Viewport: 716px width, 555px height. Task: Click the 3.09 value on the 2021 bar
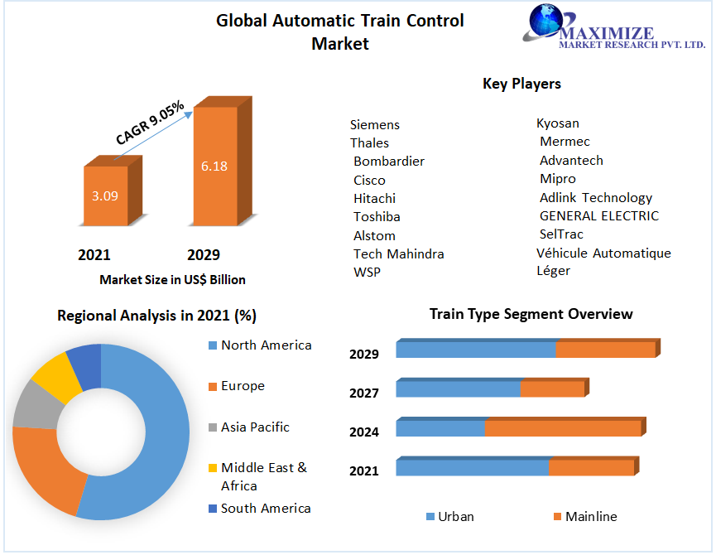[104, 196]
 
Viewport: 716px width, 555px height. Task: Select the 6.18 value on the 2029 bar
[214, 166]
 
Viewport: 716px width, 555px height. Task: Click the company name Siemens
[375, 125]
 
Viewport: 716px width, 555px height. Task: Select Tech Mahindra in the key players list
[398, 253]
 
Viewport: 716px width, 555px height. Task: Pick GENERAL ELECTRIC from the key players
[599, 216]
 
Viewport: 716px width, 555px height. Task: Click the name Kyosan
[558, 123]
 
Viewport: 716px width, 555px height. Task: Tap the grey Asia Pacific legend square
[213, 427]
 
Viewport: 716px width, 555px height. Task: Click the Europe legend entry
[243, 386]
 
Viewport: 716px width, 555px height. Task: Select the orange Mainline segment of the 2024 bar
[563, 428]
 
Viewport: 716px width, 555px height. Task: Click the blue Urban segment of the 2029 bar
[475, 350]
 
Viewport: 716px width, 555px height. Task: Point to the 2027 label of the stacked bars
[364, 393]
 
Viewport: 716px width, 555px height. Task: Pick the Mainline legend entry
[590, 517]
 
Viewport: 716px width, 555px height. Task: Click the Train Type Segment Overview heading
[531, 314]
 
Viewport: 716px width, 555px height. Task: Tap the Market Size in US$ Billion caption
[172, 280]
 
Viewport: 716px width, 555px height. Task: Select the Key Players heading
[521, 84]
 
